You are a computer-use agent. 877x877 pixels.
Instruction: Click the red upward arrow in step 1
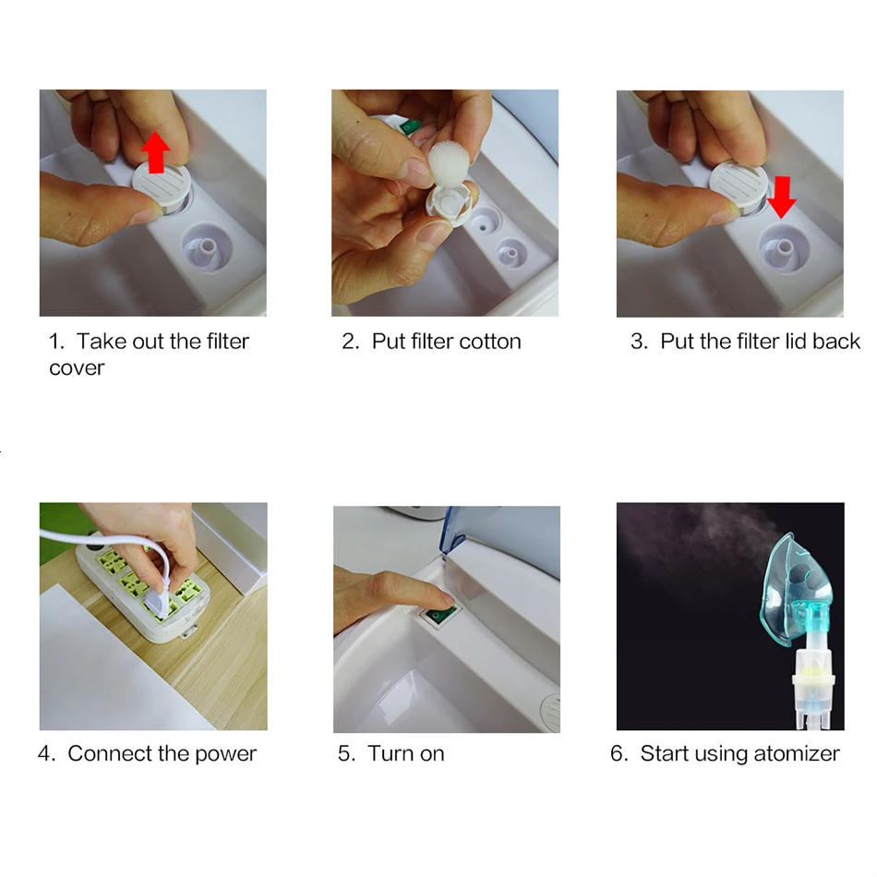155,152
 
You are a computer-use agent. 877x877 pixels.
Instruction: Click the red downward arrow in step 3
781,197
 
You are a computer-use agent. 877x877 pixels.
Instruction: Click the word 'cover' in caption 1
77,368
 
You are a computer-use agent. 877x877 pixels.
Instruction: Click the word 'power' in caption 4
225,754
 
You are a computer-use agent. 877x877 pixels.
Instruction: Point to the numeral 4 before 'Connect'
44,753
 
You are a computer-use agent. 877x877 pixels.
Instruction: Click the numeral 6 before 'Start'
617,753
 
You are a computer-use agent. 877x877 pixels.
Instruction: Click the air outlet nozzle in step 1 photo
207,247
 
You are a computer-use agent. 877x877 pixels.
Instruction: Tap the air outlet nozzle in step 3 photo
784,246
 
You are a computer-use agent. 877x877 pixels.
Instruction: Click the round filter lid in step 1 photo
162,183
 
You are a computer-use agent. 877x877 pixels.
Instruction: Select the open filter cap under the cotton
448,205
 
